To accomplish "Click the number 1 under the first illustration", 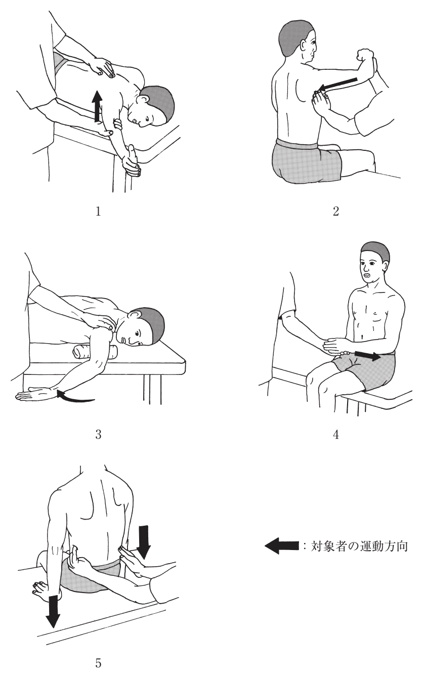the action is click(x=98, y=212).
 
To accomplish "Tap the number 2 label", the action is click(x=336, y=212).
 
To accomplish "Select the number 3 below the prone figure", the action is click(x=98, y=435).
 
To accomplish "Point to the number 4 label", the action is click(x=336, y=435).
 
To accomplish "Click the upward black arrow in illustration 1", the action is click(x=97, y=106).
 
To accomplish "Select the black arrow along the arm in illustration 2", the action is click(x=337, y=84).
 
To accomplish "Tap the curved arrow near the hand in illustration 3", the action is click(x=75, y=396).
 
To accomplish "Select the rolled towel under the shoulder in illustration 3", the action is click(x=94, y=352).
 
